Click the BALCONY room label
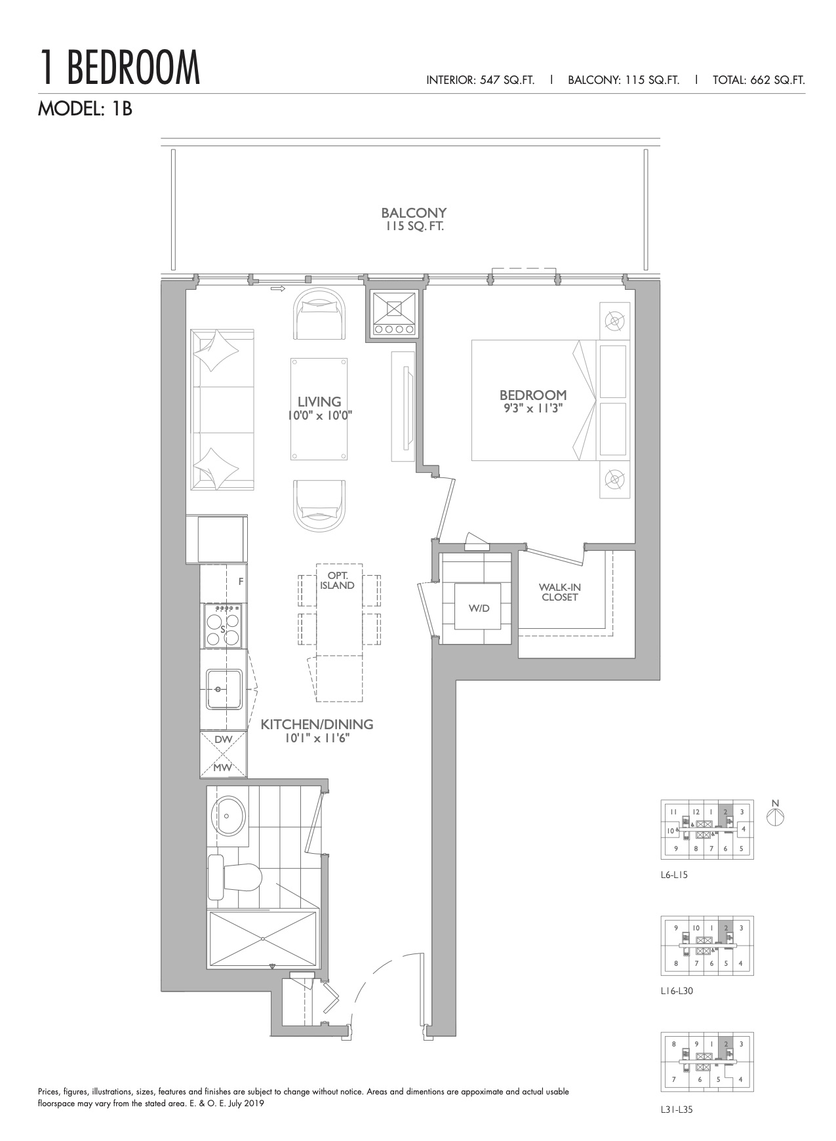(414, 213)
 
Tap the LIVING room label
(319, 402)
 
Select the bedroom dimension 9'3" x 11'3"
(532, 409)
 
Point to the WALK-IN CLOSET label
(559, 592)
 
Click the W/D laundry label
(479, 608)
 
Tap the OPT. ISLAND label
(337, 581)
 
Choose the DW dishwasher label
(224, 739)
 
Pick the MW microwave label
(224, 767)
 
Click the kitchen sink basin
(223, 689)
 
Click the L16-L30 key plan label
(677, 991)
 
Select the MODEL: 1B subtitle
(85, 108)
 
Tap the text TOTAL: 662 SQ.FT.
(759, 80)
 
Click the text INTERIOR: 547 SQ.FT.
(481, 80)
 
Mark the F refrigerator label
(241, 581)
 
